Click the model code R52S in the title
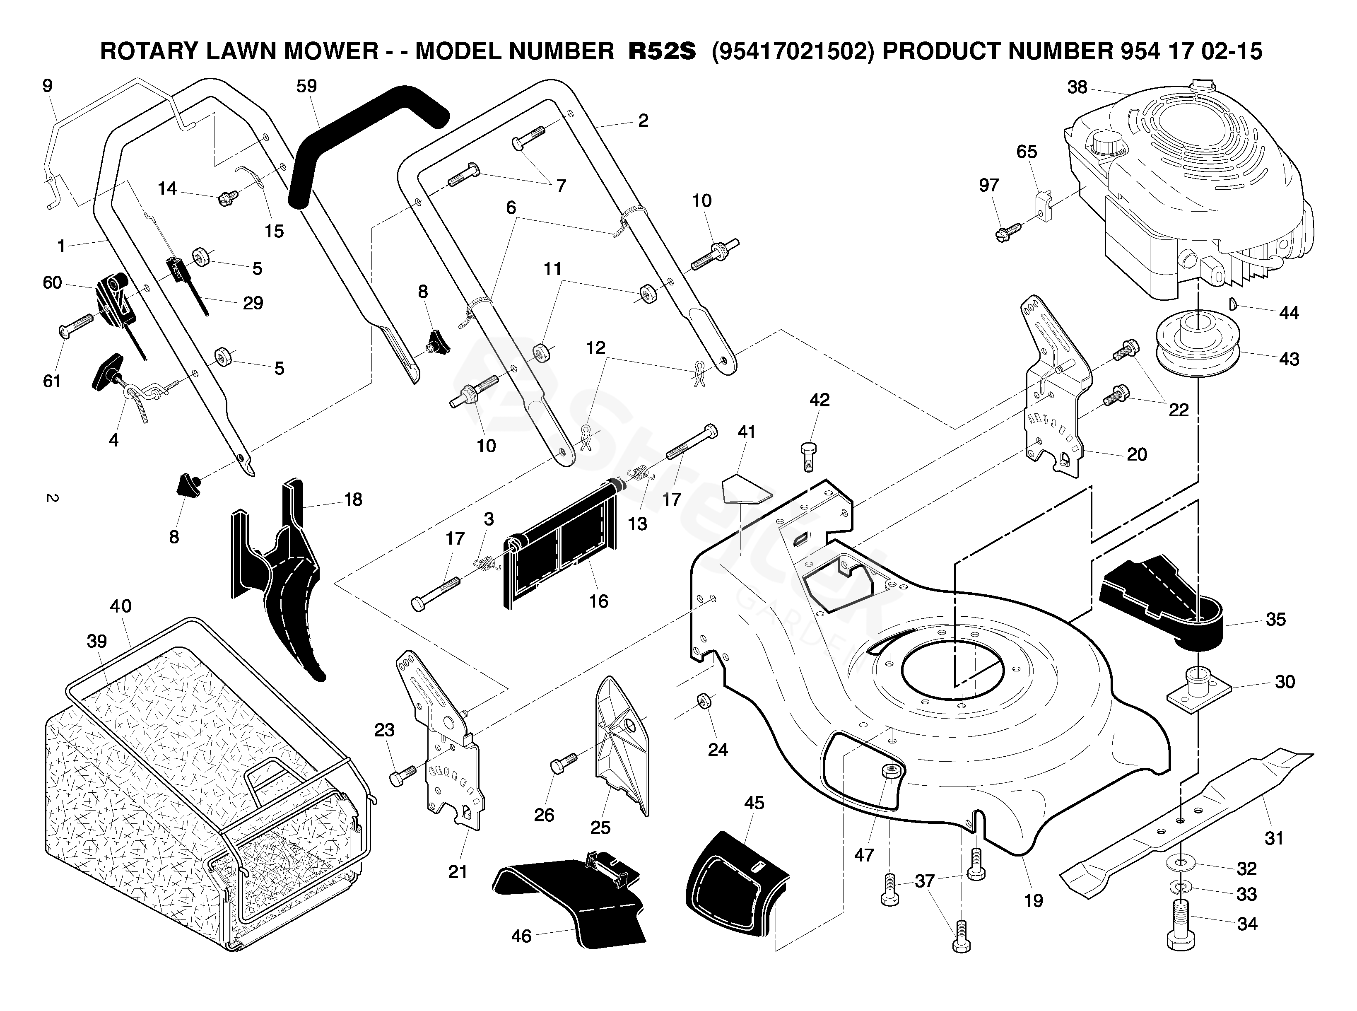(x=662, y=51)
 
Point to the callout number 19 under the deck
(x=1033, y=900)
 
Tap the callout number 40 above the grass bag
(x=121, y=606)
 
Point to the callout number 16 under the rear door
(x=598, y=601)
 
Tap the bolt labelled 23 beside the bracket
(x=402, y=776)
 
